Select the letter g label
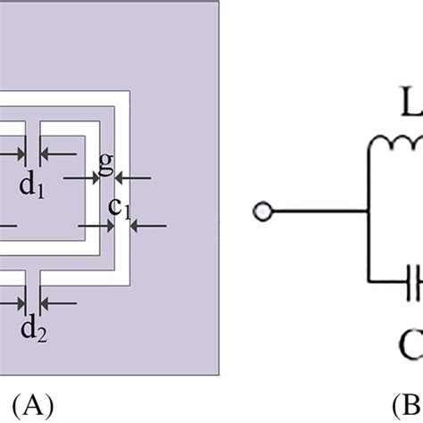(107, 162)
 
